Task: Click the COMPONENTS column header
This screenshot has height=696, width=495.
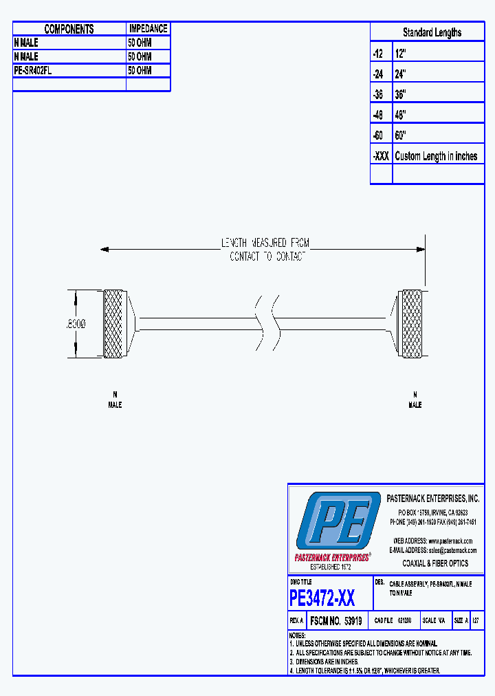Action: tap(69, 29)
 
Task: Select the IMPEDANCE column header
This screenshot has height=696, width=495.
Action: tap(148, 29)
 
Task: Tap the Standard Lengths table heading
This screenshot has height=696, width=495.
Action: tap(432, 32)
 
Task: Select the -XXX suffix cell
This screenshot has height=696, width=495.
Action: tap(381, 156)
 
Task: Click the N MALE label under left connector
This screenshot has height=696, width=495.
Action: tap(115, 400)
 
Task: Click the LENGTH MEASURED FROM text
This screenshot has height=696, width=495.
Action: tap(265, 243)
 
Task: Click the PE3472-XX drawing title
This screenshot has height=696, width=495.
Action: tap(322, 598)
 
